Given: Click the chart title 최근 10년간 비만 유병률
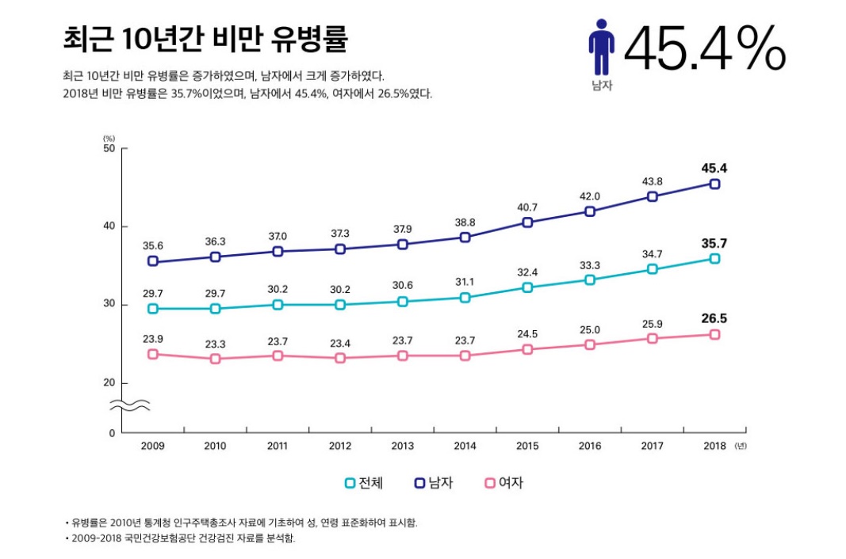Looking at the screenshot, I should click(204, 38).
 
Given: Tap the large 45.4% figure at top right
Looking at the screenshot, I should click(704, 49).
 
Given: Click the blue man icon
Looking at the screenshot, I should click(601, 48).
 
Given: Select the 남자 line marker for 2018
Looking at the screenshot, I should click(714, 184).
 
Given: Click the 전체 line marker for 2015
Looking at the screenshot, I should click(527, 287).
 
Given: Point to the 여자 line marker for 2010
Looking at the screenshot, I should click(215, 359).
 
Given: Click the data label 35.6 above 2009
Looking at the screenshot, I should click(153, 245).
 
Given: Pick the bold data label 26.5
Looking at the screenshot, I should click(714, 318).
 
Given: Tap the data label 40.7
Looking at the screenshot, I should click(527, 207).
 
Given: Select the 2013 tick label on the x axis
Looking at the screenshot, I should click(402, 446).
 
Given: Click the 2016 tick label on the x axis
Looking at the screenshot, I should click(590, 446).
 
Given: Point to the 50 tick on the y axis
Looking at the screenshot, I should click(109, 149).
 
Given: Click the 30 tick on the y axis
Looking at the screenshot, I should click(109, 305).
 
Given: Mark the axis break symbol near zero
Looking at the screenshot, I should click(129, 406).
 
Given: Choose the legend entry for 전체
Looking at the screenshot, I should click(364, 483).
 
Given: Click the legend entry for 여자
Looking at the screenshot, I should click(504, 483).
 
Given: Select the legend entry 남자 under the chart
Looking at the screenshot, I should click(434, 483).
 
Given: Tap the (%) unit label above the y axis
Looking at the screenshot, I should click(109, 139).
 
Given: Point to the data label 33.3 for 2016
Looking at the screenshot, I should click(590, 265).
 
